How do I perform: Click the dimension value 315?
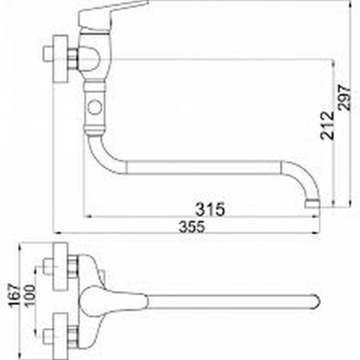click(x=210, y=209)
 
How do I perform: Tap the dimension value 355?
click(x=192, y=227)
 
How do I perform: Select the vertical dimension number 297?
click(x=345, y=97)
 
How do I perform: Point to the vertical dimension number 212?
click(x=327, y=126)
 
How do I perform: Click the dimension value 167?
click(x=14, y=295)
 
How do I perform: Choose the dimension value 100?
click(x=30, y=296)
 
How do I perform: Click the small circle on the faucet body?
click(x=95, y=108)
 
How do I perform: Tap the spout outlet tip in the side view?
click(x=312, y=204)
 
